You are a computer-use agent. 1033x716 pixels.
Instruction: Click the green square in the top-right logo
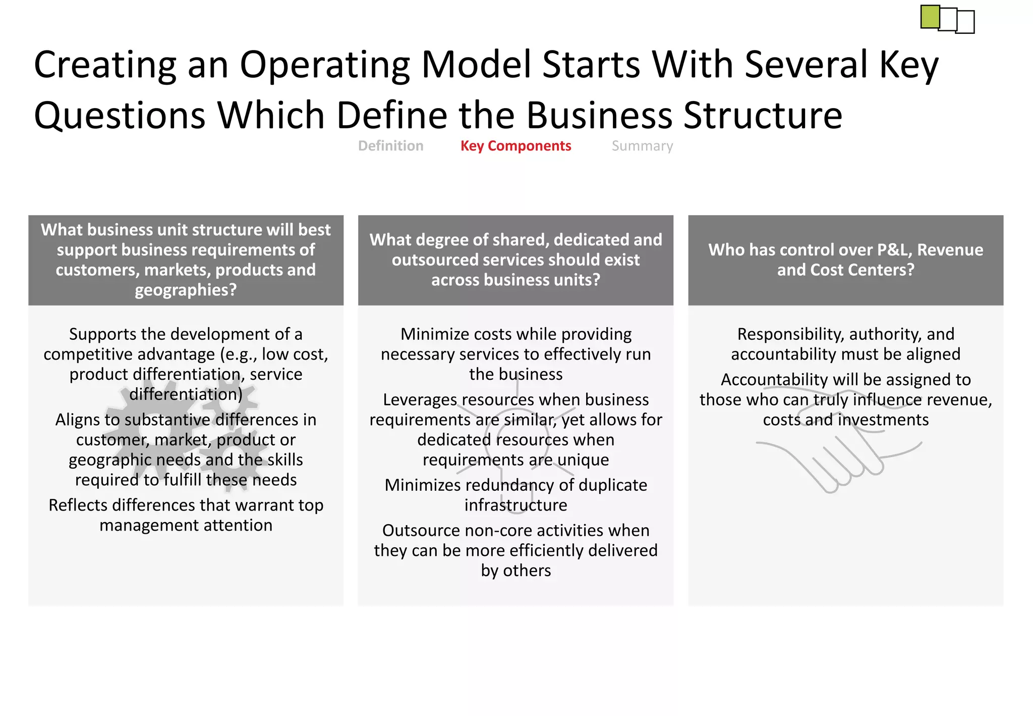(930, 17)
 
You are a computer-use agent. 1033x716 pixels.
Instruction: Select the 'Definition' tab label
(390, 146)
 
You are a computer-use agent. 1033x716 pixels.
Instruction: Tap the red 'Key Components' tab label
(515, 146)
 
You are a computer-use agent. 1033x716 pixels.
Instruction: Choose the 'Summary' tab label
(642, 146)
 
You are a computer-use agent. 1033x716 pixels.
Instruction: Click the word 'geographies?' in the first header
(186, 290)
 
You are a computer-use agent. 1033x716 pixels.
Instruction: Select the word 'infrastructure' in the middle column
(515, 505)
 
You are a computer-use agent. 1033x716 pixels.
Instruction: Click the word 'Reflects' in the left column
(78, 505)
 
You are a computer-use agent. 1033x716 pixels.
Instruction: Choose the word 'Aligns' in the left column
(77, 420)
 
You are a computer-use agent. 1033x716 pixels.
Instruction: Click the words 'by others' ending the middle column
(515, 571)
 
